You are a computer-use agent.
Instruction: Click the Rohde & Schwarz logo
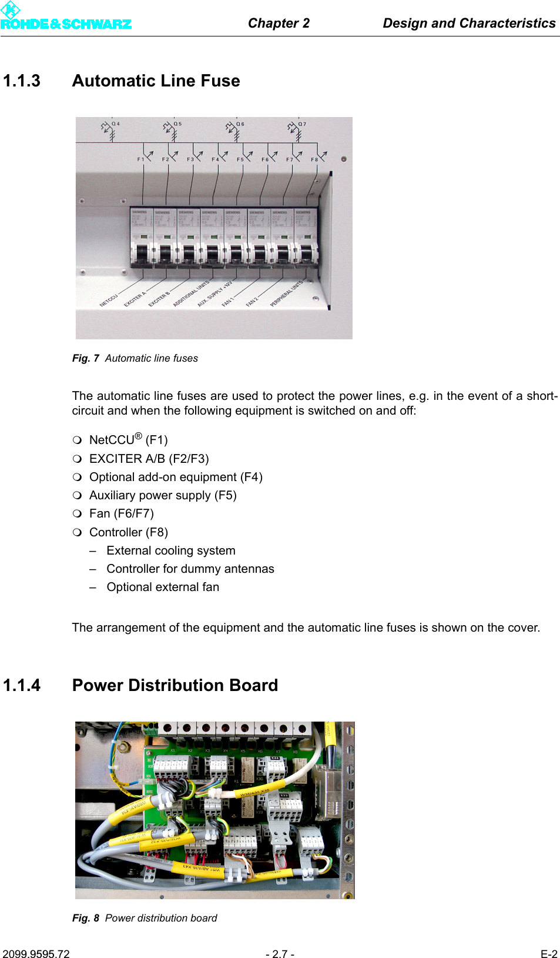tap(65, 18)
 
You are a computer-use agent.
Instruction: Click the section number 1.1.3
tap(22, 81)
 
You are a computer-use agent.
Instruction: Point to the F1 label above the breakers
tap(140, 159)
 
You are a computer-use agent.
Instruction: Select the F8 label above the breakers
tap(314, 159)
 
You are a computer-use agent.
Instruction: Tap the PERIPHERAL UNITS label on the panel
tap(286, 293)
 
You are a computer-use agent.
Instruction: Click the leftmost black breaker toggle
tap(141, 255)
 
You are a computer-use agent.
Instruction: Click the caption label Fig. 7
tap(85, 358)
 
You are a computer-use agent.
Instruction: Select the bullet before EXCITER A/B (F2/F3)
tap(77, 459)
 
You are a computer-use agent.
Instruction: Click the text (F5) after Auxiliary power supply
tap(226, 495)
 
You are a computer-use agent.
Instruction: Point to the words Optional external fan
tap(163, 587)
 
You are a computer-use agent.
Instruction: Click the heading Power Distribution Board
tap(175, 685)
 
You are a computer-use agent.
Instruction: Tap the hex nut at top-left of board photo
tap(123, 747)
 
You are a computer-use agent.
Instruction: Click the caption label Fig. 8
tap(85, 918)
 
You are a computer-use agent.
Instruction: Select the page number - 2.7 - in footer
tap(280, 954)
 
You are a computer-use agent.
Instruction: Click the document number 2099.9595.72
tap(36, 954)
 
